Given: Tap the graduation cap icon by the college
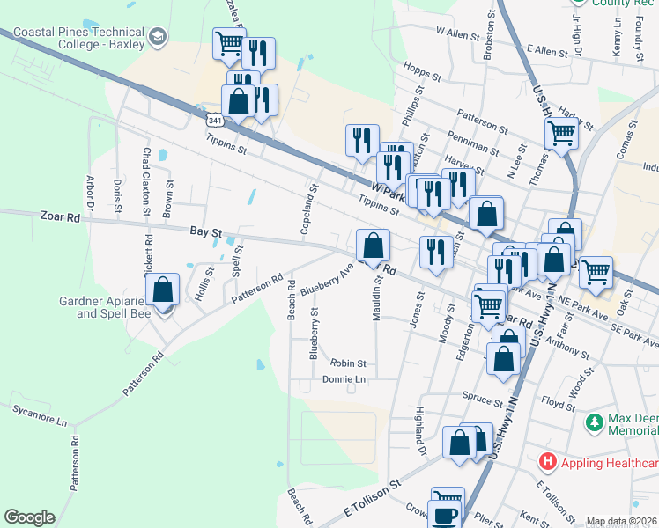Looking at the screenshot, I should [158, 37].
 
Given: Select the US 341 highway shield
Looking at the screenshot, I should [213, 118].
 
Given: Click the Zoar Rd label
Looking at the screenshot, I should [60, 216].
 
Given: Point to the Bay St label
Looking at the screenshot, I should [204, 232].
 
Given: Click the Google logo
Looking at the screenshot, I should [29, 517].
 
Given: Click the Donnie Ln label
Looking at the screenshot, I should [344, 379].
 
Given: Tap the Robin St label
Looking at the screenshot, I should [348, 363].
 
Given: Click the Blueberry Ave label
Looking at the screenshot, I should [326, 280].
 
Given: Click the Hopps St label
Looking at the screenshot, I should [421, 70].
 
